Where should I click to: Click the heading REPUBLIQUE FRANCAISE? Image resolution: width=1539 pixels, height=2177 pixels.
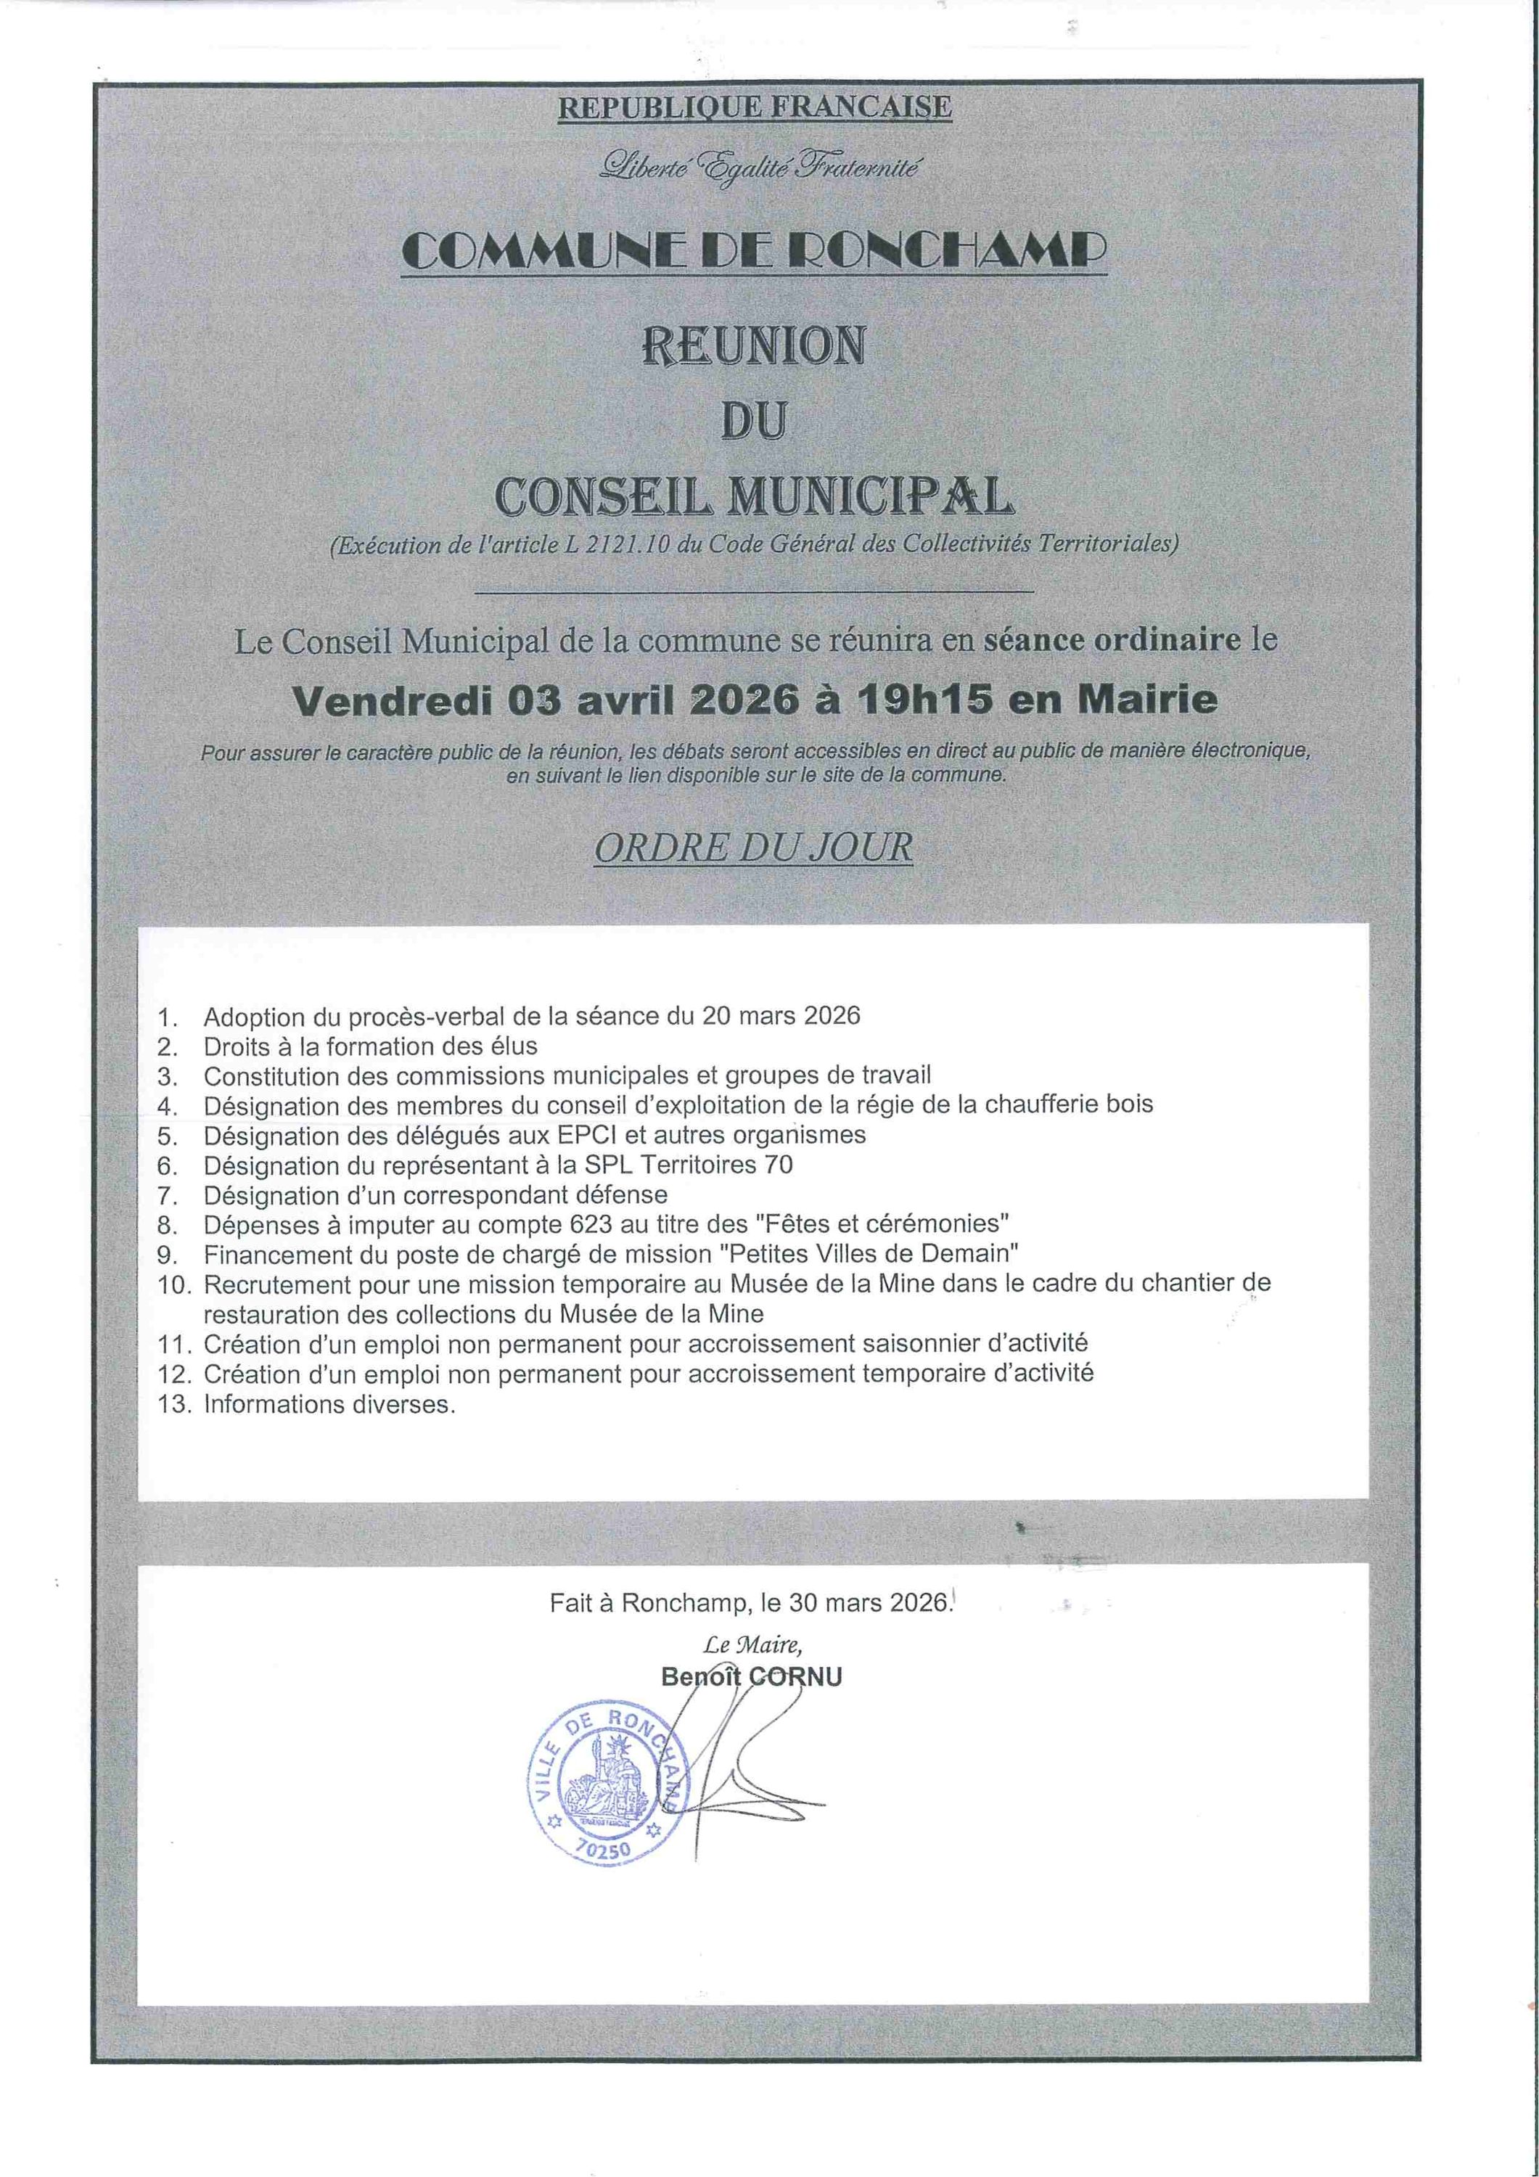pos(754,107)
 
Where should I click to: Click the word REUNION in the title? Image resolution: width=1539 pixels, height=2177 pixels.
pos(754,347)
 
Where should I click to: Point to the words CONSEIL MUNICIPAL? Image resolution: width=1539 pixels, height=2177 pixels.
pos(755,495)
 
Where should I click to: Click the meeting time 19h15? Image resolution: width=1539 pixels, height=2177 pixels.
pos(925,700)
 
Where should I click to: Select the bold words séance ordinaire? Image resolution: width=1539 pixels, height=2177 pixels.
pos(1112,640)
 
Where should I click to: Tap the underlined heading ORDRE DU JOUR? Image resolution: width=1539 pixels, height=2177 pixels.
pos(754,847)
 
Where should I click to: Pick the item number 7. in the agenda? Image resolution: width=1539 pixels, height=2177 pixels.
pos(168,1194)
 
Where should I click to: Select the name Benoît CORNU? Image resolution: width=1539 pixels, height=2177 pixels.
pos(752,1676)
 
